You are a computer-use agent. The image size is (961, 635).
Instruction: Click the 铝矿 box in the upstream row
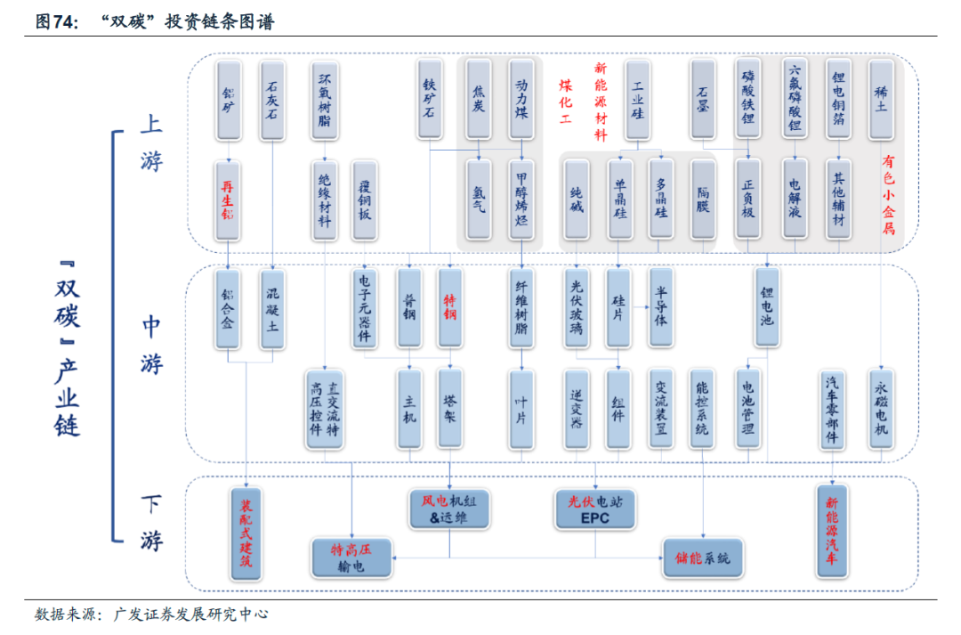(229, 99)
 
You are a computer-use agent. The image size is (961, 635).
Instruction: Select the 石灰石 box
(272, 99)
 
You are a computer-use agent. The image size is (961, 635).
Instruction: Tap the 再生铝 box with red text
(229, 199)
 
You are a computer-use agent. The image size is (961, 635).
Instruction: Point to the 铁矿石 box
(430, 99)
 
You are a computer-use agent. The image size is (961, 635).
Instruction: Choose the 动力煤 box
(522, 99)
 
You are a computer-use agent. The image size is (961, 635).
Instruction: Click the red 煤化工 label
(565, 100)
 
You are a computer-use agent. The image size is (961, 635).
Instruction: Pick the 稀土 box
(881, 99)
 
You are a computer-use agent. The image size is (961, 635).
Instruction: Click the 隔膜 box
(703, 199)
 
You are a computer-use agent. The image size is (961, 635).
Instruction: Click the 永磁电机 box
(881, 409)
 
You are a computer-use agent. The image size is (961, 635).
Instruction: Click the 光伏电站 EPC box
(595, 509)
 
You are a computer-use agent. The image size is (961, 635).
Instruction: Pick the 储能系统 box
(703, 558)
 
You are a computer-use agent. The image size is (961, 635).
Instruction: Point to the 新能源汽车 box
(831, 532)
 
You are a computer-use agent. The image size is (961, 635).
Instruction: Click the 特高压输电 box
(351, 558)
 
